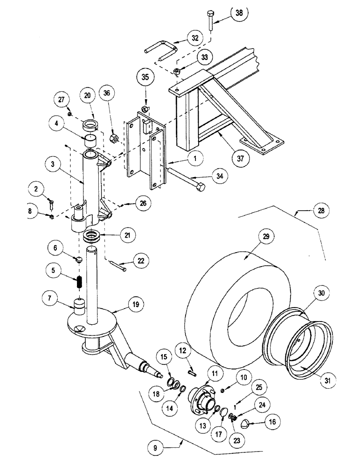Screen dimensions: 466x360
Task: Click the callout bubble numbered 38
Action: click(x=239, y=14)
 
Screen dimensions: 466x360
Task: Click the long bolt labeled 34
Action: click(x=184, y=181)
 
